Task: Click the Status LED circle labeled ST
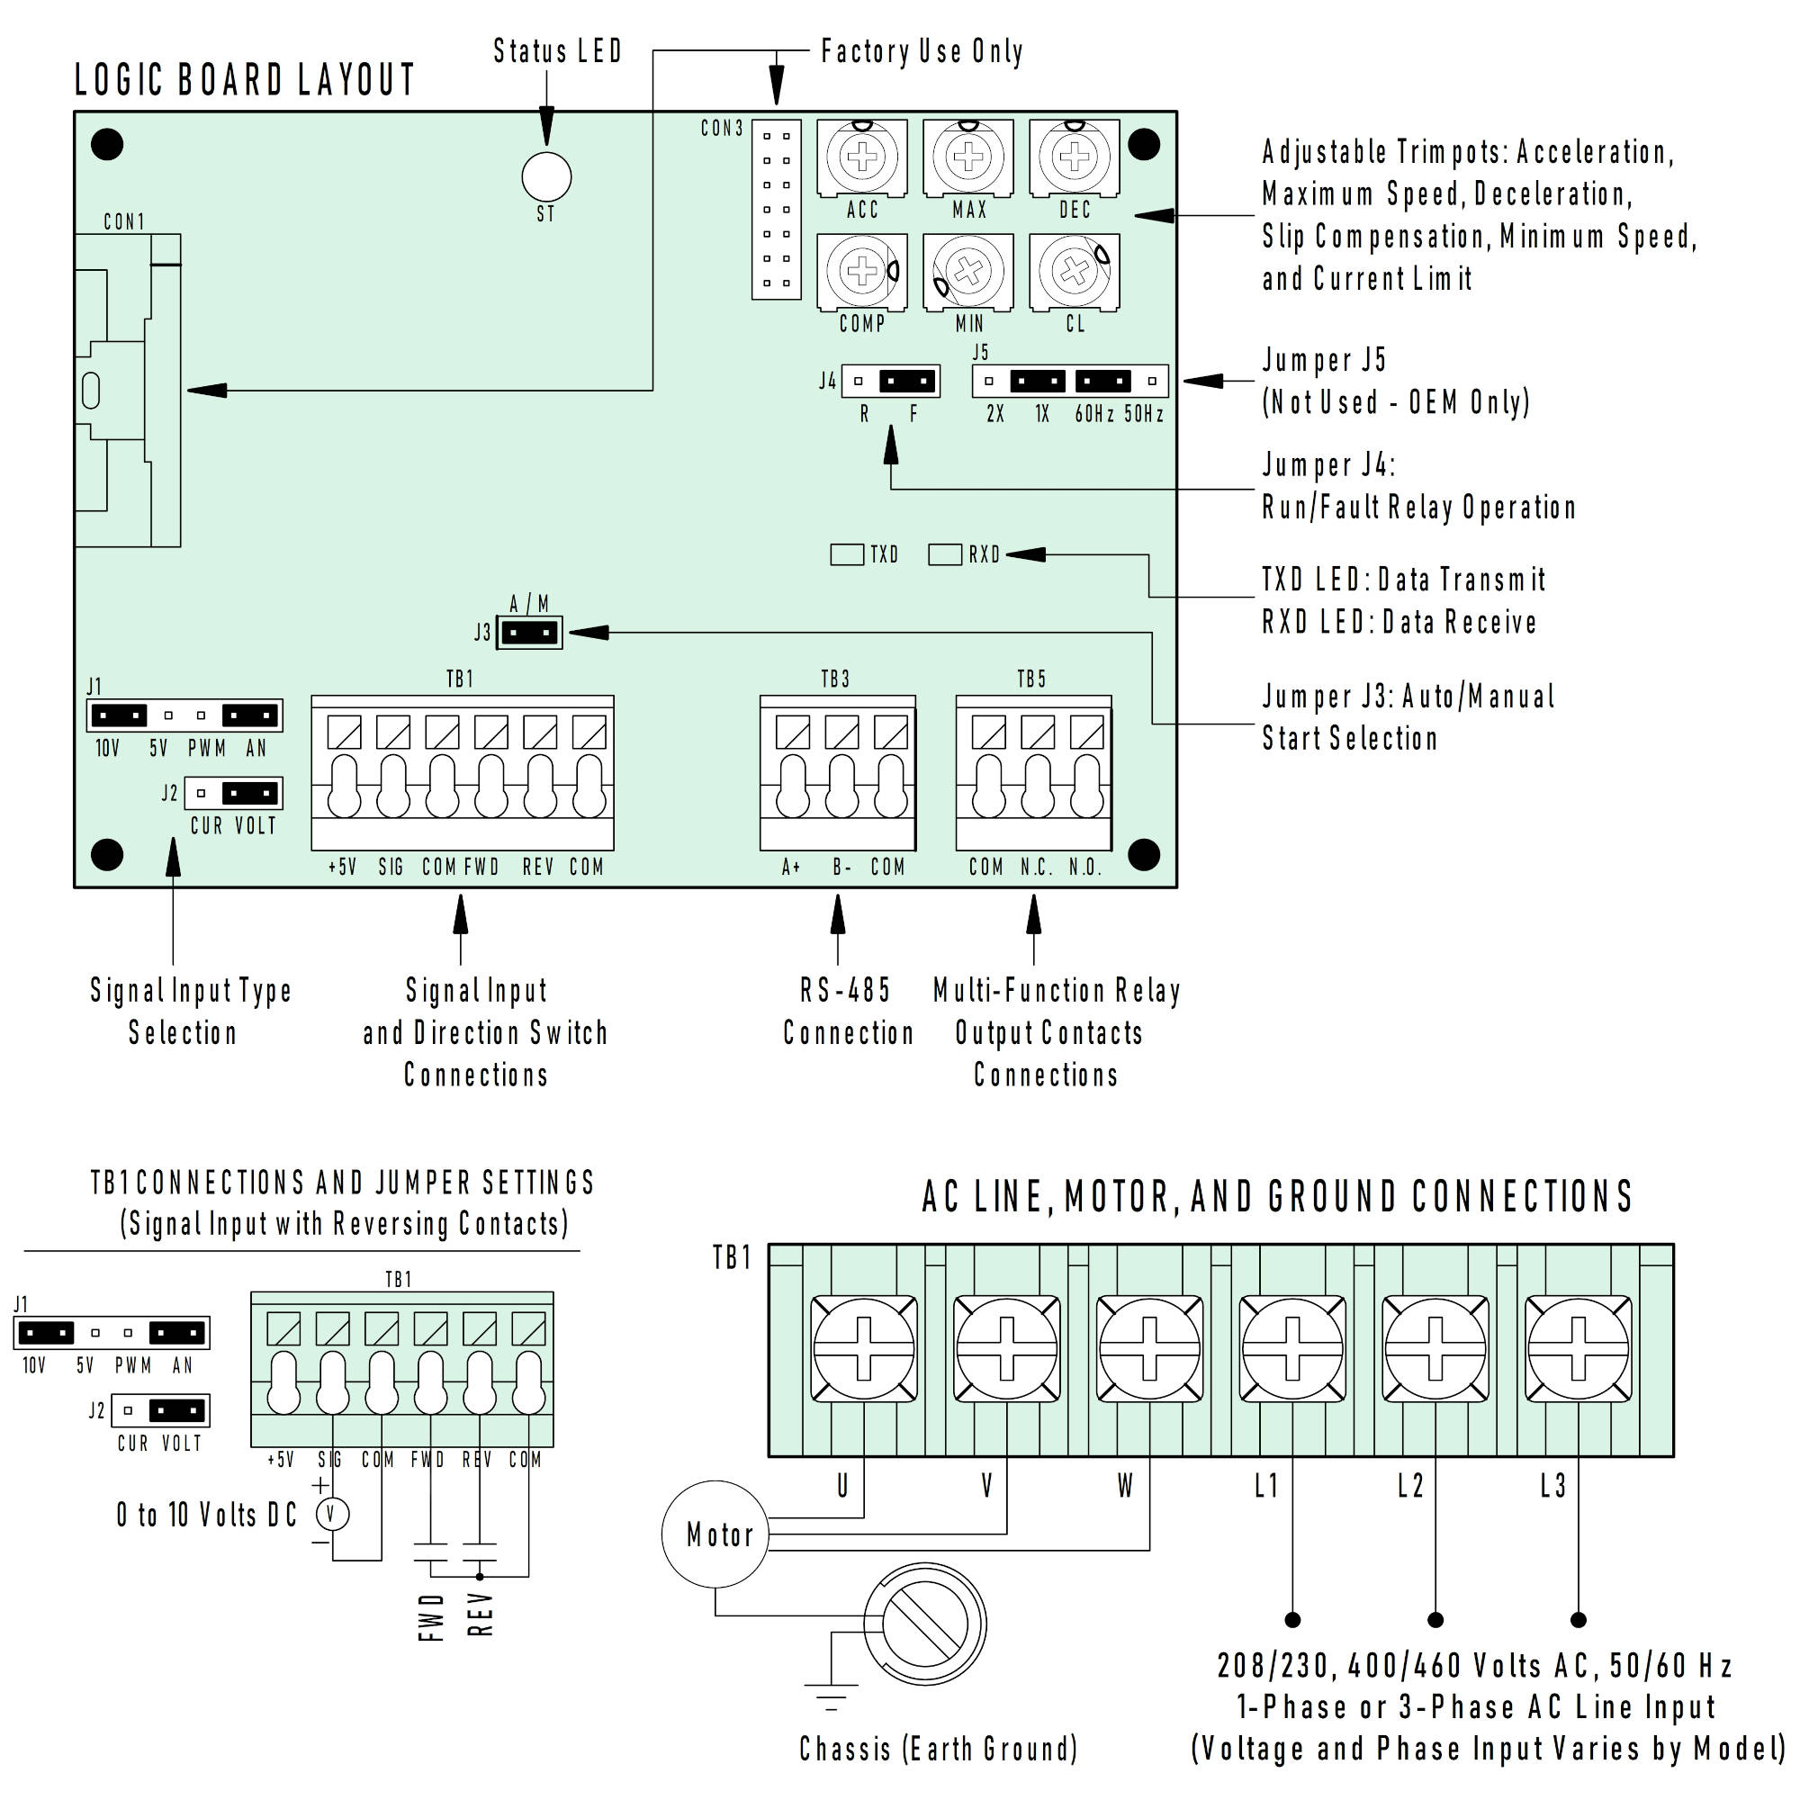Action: coord(546,176)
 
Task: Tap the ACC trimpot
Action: coord(862,157)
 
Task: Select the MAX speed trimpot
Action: coord(968,157)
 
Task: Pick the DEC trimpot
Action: coord(1075,157)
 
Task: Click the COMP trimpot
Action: coord(862,270)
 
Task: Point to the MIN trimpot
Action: coord(968,271)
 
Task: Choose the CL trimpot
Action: coord(1075,271)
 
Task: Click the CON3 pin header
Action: coord(776,209)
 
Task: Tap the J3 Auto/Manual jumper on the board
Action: coord(530,633)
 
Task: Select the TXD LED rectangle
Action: coord(846,554)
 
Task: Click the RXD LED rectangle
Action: coord(945,554)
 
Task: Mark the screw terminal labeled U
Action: coord(863,1349)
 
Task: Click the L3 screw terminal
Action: coord(1578,1349)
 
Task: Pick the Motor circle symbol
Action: coord(716,1534)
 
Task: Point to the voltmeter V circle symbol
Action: coord(332,1514)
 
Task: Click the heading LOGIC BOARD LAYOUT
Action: coord(244,80)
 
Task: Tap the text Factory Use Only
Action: coord(922,51)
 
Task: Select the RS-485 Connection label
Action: coord(847,1011)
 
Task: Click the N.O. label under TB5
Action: coord(1084,868)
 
